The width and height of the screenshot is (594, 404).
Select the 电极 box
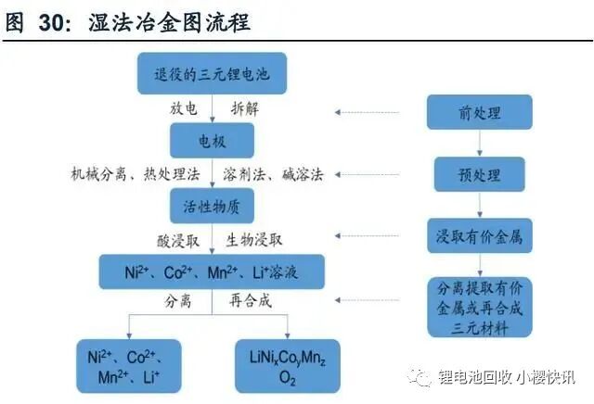pyautogui.click(x=212, y=142)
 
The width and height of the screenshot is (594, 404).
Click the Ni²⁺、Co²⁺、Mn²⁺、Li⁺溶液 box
pyautogui.click(x=212, y=272)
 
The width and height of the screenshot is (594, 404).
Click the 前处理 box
pyautogui.click(x=479, y=113)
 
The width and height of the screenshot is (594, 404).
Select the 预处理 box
pyautogui.click(x=479, y=174)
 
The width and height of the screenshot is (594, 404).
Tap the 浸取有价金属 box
pyautogui.click(x=479, y=237)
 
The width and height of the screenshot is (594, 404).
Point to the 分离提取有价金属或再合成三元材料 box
pyautogui.click(x=479, y=307)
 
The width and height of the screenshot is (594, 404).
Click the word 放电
pyautogui.click(x=183, y=108)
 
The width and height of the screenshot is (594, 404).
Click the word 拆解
pyautogui.click(x=243, y=108)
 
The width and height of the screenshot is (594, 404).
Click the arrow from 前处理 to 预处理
pyautogui.click(x=479, y=144)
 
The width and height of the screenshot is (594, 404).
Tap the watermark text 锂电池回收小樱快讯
pyautogui.click(x=507, y=377)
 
